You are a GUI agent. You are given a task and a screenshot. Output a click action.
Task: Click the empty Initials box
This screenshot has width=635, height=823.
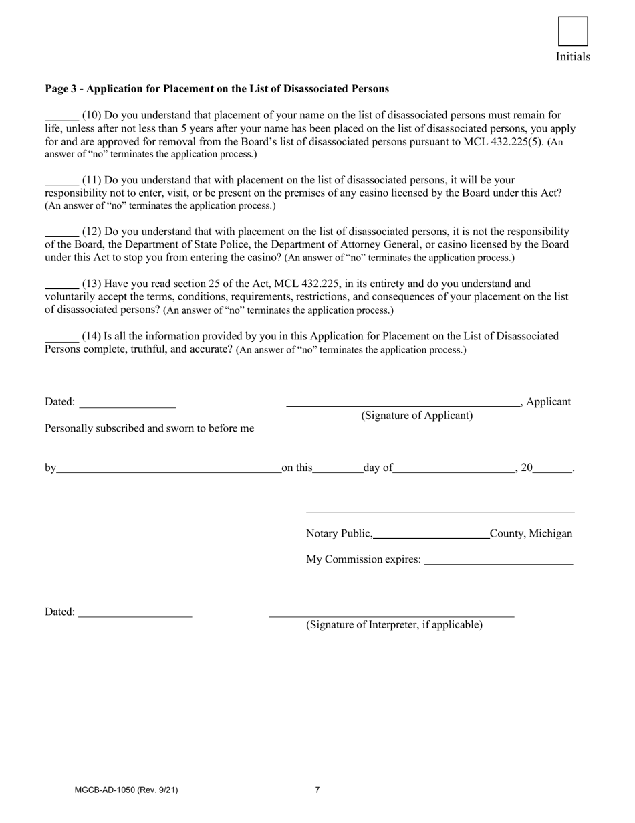573,31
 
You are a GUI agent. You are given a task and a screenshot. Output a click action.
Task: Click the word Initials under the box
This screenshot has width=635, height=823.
573,57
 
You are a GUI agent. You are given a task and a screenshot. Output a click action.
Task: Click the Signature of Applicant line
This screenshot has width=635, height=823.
402,403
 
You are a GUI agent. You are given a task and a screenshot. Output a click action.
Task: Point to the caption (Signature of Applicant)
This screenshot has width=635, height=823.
416,416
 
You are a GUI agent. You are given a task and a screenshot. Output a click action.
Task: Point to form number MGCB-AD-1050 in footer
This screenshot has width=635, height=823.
126,790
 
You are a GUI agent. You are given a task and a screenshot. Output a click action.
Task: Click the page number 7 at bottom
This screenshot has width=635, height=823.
317,790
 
